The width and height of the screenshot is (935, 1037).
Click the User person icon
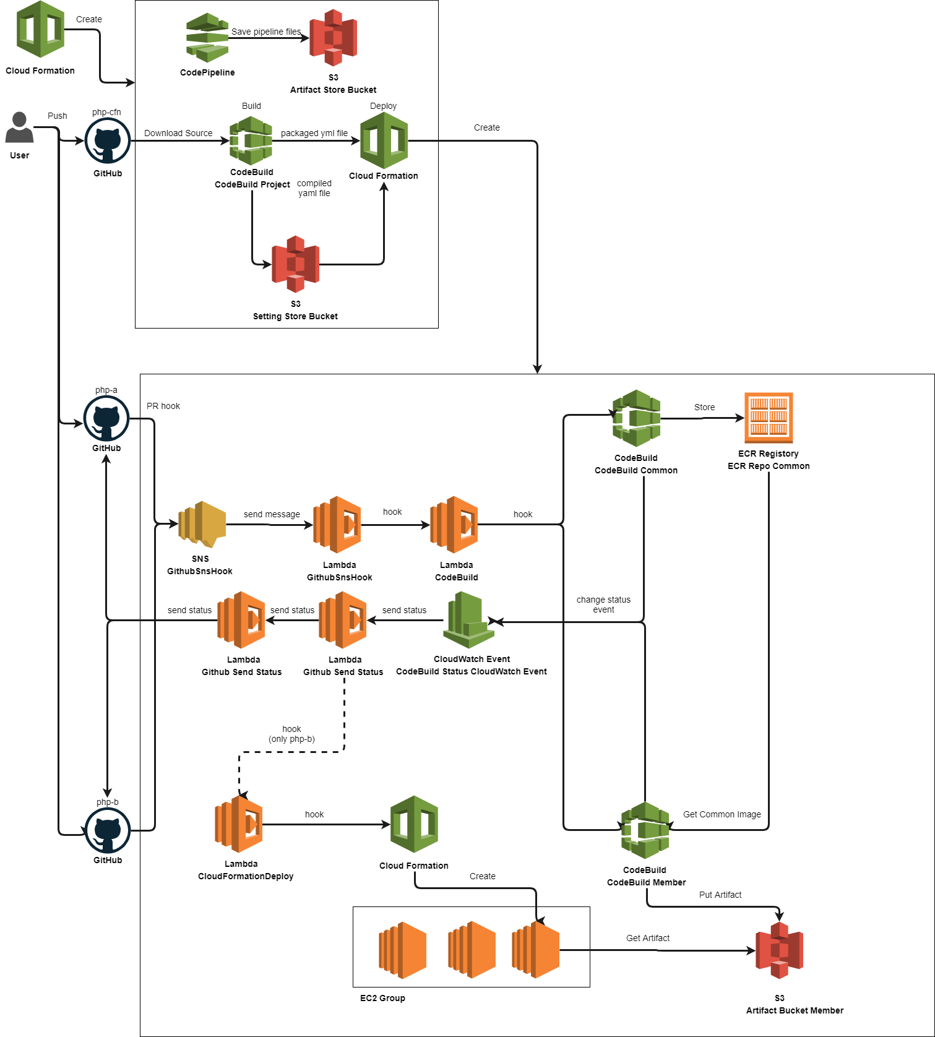[19, 127]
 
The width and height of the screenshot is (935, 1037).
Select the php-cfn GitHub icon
[107, 141]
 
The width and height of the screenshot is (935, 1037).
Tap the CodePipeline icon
[207, 38]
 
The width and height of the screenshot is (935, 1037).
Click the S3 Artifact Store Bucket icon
[334, 38]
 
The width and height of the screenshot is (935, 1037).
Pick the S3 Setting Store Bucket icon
[296, 264]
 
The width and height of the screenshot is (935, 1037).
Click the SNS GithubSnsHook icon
[202, 525]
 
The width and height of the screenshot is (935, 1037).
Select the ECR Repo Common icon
[769, 418]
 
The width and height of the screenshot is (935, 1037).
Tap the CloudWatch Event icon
[469, 620]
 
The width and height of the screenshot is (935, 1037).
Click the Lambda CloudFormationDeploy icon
[239, 824]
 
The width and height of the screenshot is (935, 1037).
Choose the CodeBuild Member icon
[645, 830]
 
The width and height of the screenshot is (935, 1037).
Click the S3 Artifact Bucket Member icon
[779, 950]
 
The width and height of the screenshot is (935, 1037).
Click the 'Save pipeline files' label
[266, 32]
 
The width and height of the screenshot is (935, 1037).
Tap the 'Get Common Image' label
[722, 814]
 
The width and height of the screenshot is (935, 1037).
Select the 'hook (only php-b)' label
[291, 734]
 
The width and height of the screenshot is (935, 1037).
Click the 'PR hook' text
[163, 406]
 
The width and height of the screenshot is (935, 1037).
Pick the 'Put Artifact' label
[720, 895]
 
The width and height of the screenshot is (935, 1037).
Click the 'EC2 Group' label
[382, 998]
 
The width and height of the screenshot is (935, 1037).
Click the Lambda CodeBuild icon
[454, 525]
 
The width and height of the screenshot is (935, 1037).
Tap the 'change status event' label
[603, 605]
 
